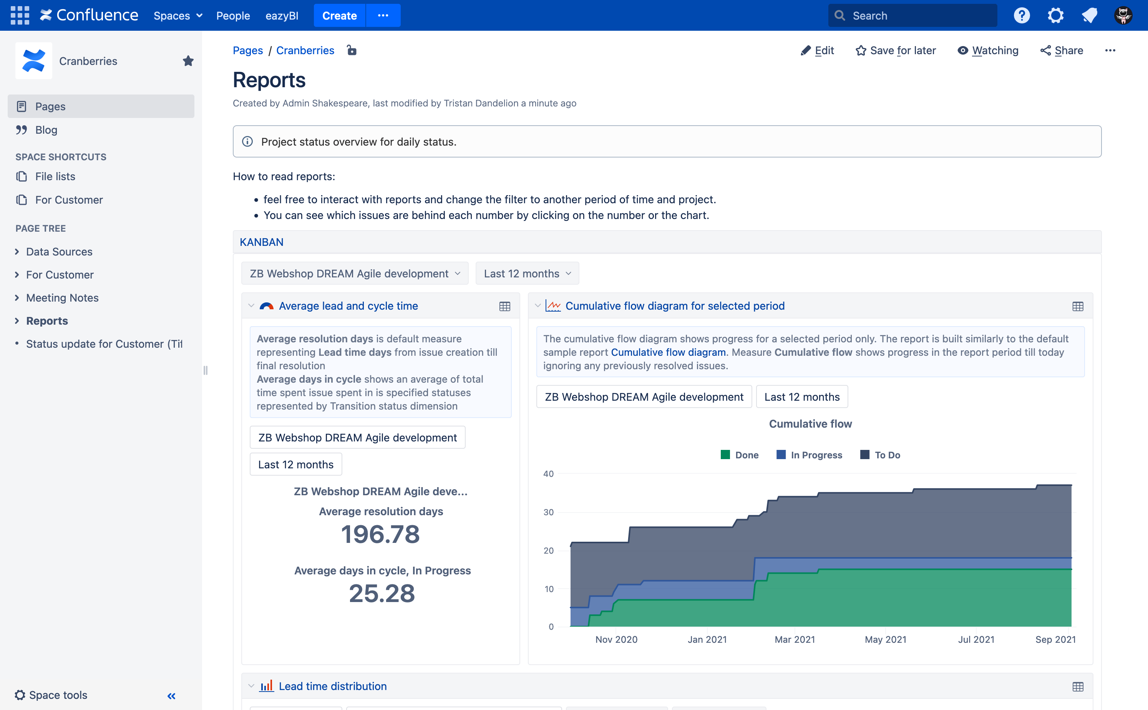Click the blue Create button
[x=339, y=15]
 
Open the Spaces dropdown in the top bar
[x=178, y=15]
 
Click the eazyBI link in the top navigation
[x=282, y=15]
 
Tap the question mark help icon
[x=1021, y=15]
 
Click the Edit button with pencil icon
[x=818, y=50]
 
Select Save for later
[x=896, y=50]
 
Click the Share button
[x=1062, y=50]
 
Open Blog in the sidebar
[x=46, y=130]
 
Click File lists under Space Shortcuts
[x=55, y=177]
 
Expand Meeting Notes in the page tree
[x=17, y=298]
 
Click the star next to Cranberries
[x=188, y=61]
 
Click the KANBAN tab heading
[x=262, y=242]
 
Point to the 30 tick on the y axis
[x=548, y=512]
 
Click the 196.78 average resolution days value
[x=380, y=534]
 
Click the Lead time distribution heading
[x=332, y=686]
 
